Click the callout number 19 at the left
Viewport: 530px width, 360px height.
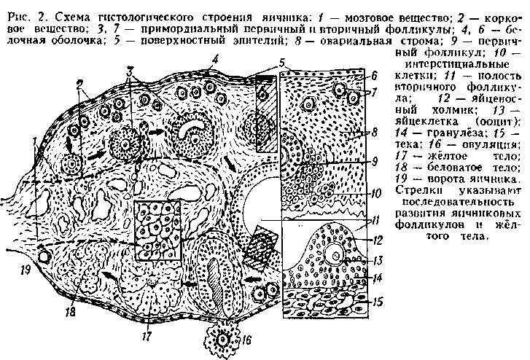coord(26,270)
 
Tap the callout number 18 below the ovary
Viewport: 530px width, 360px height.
coord(71,312)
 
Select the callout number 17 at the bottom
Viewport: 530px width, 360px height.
coord(147,337)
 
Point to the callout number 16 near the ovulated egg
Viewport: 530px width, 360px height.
coord(246,340)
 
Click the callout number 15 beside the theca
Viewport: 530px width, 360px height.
coord(378,302)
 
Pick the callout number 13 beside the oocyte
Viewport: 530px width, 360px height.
coord(378,260)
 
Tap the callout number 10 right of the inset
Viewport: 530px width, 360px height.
coord(376,193)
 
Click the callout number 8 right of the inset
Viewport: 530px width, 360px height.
coord(374,131)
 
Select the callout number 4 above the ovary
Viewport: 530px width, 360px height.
coord(215,60)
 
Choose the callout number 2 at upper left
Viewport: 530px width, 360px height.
coord(79,85)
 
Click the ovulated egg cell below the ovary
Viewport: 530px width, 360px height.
coord(223,340)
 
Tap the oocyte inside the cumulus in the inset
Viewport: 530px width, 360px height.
coord(335,256)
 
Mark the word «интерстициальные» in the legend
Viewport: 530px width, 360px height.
coord(457,64)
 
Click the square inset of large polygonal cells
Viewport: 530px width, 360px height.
coord(157,230)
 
